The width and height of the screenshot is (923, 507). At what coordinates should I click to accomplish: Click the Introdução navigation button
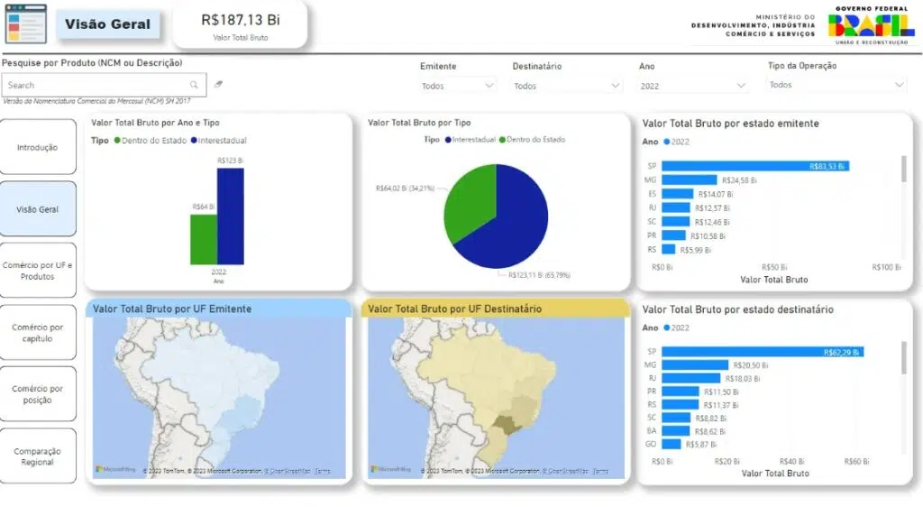pyautogui.click(x=38, y=147)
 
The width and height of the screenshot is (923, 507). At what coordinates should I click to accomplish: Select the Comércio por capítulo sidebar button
pyautogui.click(x=38, y=333)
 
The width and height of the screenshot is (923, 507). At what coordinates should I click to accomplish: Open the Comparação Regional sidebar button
pyautogui.click(x=38, y=456)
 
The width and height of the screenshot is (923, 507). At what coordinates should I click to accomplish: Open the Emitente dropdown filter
pyautogui.click(x=458, y=86)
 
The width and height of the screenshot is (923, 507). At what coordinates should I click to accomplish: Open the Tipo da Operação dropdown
pyautogui.click(x=836, y=85)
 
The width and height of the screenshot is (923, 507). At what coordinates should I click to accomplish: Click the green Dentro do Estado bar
pyautogui.click(x=203, y=239)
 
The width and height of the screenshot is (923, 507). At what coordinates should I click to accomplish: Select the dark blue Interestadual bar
pyautogui.click(x=230, y=217)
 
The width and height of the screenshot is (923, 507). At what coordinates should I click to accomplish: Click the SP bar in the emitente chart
pyautogui.click(x=754, y=166)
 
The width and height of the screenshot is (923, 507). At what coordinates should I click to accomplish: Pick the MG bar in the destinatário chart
pyautogui.click(x=695, y=364)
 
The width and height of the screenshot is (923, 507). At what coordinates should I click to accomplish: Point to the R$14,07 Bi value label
pyautogui.click(x=713, y=194)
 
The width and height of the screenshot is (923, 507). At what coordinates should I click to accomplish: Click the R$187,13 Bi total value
pyautogui.click(x=240, y=19)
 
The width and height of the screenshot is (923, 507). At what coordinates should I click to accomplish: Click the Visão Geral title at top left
pyautogui.click(x=107, y=24)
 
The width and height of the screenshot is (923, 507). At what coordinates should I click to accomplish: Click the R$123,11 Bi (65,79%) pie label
pyautogui.click(x=539, y=275)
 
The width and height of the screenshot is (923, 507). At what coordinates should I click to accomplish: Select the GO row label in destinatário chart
pyautogui.click(x=651, y=444)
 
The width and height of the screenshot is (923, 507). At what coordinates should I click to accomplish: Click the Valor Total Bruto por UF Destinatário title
pyautogui.click(x=455, y=309)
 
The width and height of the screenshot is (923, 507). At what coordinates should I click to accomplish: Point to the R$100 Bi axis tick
pyautogui.click(x=886, y=267)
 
